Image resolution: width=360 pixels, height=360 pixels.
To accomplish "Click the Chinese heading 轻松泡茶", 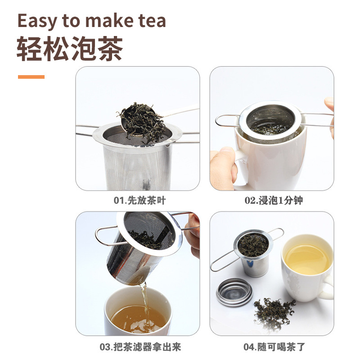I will point(70,49).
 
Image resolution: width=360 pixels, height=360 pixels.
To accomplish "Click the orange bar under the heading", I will point(31,77).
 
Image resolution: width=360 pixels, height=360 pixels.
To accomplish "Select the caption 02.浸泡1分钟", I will point(273,200).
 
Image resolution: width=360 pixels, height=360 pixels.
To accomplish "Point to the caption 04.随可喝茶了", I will point(273,347).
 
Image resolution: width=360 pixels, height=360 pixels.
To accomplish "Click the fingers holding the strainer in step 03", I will point(194,234).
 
